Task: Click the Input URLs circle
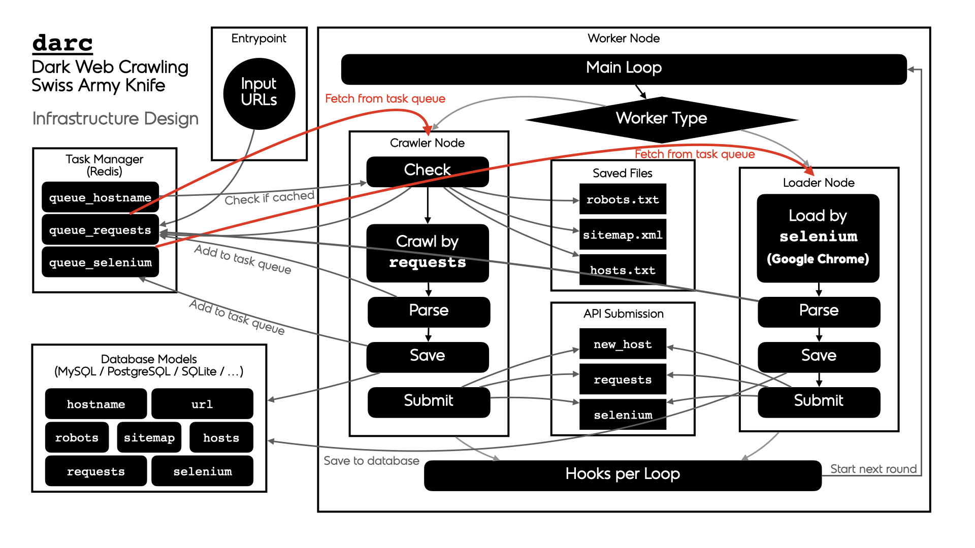259,94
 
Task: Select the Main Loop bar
624,69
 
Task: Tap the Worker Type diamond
661,119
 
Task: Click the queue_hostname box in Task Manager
100,197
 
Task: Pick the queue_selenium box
100,262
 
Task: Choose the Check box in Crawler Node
427,170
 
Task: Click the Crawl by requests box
427,253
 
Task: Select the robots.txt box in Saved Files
623,199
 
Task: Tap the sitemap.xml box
623,235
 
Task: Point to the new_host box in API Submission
623,345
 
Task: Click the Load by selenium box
818,238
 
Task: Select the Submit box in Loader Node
819,401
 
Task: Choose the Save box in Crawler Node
427,356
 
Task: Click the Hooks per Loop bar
623,475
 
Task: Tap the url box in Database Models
202,404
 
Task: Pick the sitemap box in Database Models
149,437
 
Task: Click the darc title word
62,44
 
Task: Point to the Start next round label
873,469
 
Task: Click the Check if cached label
269,198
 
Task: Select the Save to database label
371,461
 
